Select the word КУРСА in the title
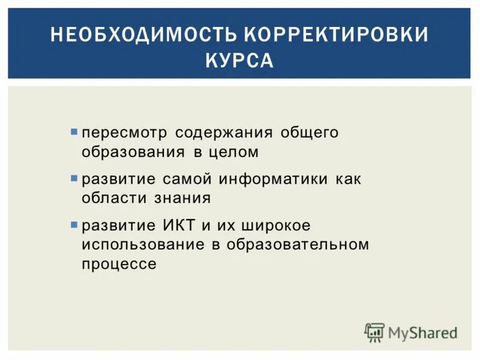pyautogui.click(x=239, y=61)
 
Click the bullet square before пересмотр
pyautogui.click(x=74, y=130)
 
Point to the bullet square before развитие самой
pyautogui.click(x=74, y=178)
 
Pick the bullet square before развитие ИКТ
pyautogui.click(x=74, y=226)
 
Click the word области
pyautogui.click(x=114, y=199)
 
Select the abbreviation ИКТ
pyautogui.click(x=178, y=227)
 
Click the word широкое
pyautogui.click(x=275, y=227)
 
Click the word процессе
pyautogui.click(x=119, y=265)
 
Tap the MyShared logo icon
pyautogui.click(x=374, y=332)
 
